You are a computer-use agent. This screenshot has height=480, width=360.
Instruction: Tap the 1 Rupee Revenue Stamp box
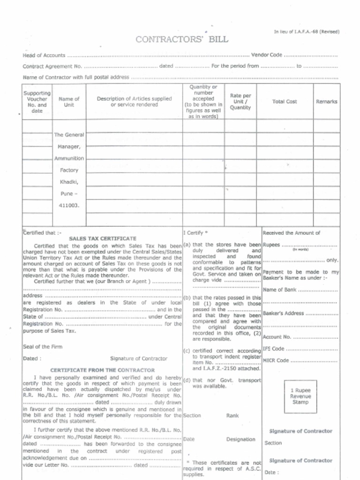pos(300,396)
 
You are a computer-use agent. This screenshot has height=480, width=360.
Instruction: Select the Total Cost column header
pos(285,101)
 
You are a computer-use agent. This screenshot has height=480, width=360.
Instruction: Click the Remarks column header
pos(326,101)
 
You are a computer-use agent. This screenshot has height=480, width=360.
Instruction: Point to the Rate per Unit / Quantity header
pos(240,101)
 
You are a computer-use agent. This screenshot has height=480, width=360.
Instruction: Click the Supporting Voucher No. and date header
pos(37,102)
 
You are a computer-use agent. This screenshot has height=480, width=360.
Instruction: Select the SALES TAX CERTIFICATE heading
pos(103,238)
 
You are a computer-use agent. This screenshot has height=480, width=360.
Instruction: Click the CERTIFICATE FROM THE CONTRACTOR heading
pos(102,370)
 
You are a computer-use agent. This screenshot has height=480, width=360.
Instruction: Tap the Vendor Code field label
pos(267,55)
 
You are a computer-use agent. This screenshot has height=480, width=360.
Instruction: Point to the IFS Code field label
pos(274,349)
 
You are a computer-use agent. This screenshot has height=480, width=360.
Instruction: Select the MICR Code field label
pos(276,360)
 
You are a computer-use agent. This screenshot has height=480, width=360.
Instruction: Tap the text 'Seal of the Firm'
pos(43,347)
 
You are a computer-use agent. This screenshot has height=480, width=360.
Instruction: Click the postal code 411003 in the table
pos(69,205)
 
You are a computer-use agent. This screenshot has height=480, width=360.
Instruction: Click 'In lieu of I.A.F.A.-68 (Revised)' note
pos(306,31)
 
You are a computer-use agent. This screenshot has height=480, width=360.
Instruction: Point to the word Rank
pos(232,415)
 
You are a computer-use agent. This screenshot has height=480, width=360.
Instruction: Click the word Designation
pos(240,439)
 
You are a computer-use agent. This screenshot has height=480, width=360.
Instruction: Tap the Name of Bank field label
pos(280,290)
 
